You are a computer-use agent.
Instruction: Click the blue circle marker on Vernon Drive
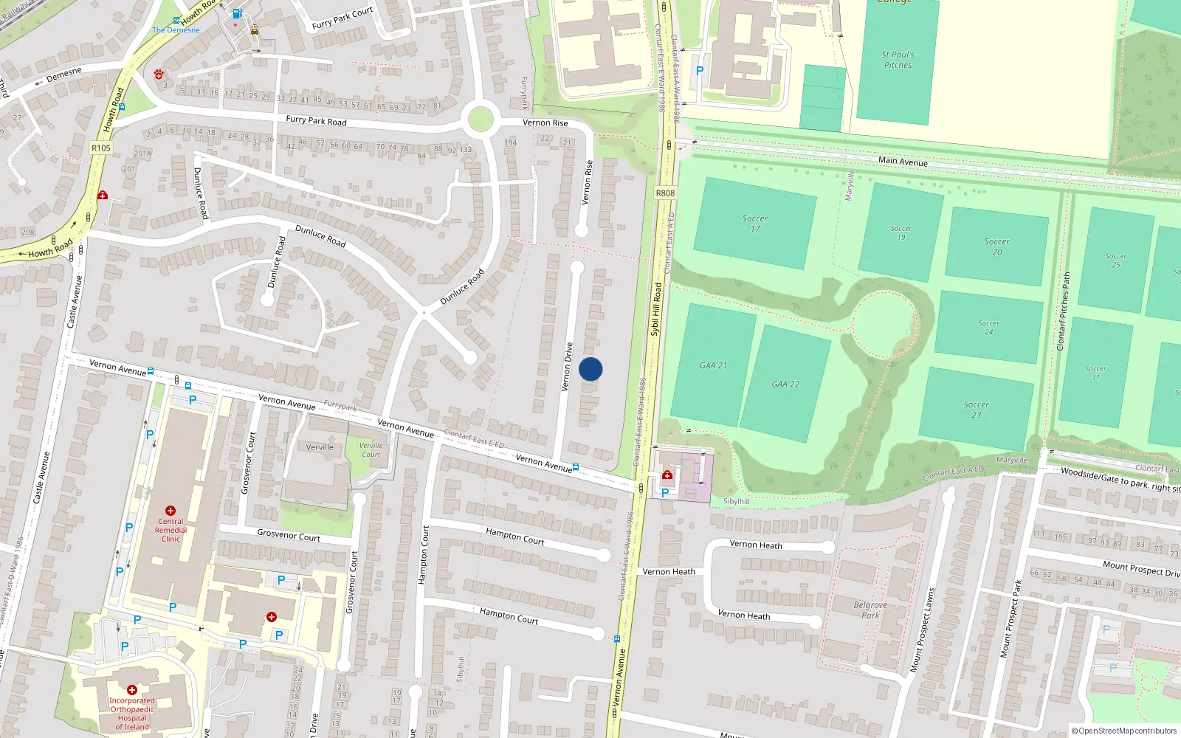[590, 369]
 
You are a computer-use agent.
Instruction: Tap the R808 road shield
[665, 193]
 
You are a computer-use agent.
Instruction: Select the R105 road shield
[101, 148]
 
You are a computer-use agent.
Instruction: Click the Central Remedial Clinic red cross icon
[171, 511]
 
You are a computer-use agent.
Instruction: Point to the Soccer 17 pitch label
[754, 224]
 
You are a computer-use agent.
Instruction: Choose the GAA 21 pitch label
[713, 365]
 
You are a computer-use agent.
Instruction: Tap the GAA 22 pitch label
[785, 384]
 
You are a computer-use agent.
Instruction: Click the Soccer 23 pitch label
[976, 410]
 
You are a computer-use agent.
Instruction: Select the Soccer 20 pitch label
[996, 246]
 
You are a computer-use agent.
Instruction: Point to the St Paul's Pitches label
[898, 60]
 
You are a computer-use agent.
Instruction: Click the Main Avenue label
[903, 161]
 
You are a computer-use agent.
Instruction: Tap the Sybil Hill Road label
[655, 310]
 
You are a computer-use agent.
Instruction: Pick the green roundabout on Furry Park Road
[481, 119]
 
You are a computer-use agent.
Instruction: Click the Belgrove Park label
[870, 610]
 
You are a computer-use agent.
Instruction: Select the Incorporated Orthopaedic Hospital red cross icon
[132, 690]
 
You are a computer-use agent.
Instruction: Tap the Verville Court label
[371, 449]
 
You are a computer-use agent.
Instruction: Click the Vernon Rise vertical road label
[588, 182]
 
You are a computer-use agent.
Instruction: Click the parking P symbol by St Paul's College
[700, 71]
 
